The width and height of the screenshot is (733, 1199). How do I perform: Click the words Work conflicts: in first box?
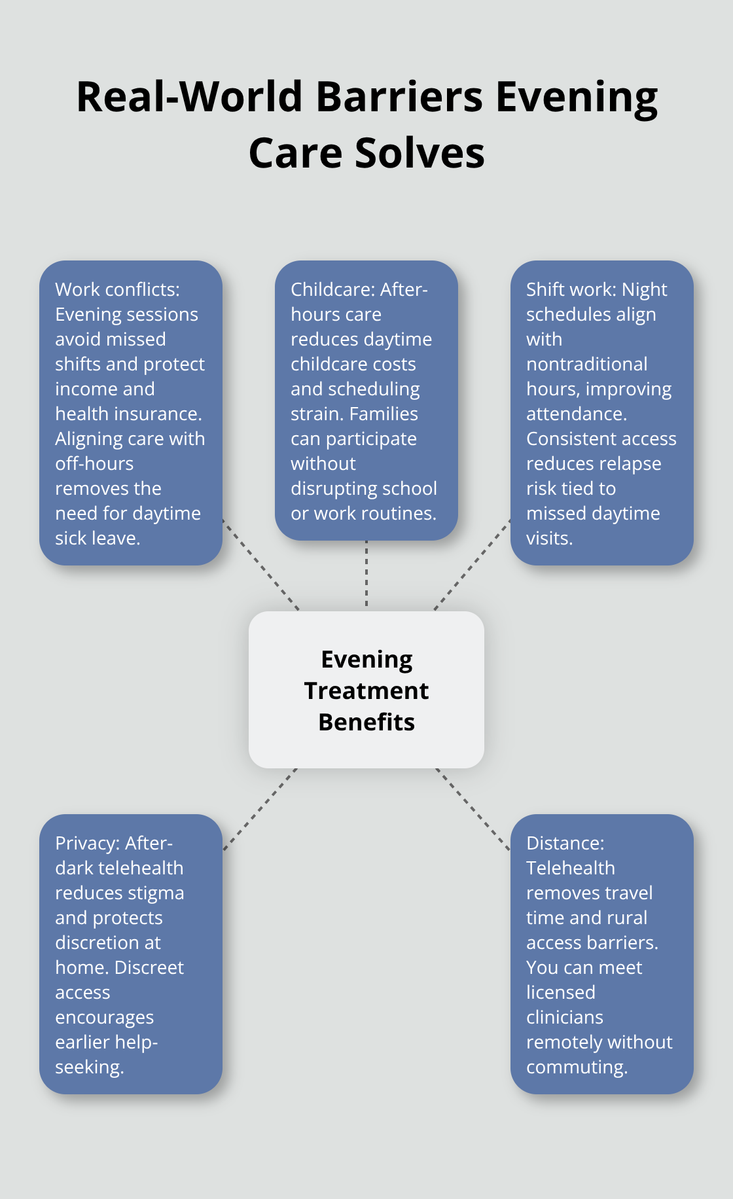117,289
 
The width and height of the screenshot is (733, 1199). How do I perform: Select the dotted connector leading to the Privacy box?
260,810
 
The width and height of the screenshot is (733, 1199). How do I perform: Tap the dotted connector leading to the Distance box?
473,810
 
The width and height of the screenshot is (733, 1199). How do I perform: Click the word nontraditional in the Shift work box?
586,364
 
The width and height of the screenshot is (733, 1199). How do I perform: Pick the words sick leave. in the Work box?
98,538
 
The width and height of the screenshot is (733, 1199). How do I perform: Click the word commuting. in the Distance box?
577,1067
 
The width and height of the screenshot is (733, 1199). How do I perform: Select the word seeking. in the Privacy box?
89,1067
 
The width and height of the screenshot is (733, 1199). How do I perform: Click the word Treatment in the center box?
366,690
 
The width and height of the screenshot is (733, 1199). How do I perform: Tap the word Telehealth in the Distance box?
570,868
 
